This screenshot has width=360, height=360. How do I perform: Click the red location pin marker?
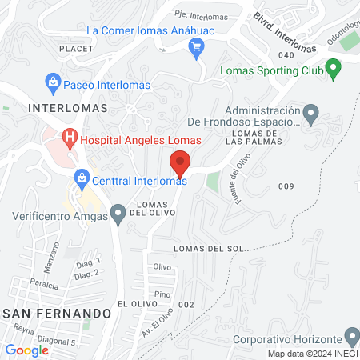(181, 163)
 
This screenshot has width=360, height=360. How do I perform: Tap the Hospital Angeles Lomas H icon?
(70, 138)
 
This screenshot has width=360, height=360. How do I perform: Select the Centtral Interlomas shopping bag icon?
(81, 178)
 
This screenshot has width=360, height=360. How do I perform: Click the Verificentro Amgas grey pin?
(118, 213)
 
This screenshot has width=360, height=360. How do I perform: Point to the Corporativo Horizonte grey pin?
(350, 335)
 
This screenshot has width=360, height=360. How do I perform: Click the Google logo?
(27, 350)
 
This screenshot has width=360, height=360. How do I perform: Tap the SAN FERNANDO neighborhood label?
(54, 312)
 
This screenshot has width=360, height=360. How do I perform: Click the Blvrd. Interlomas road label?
(286, 28)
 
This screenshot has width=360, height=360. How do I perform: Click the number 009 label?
(286, 186)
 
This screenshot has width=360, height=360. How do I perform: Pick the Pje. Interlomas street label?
(201, 16)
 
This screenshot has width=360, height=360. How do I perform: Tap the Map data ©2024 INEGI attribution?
(313, 354)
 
